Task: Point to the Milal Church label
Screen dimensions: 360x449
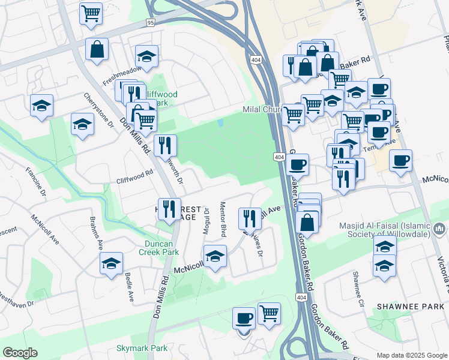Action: pos(262,110)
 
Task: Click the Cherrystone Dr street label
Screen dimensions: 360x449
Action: pos(99,110)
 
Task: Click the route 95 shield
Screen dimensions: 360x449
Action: pos(151,23)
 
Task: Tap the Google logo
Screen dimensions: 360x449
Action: pos(20,353)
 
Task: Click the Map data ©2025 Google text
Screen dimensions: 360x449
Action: pos(412,355)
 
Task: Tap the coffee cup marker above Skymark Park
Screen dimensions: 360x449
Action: pos(244,318)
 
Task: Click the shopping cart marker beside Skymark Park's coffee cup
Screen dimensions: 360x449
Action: pos(270,313)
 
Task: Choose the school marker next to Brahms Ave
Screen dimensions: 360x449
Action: pos(111,263)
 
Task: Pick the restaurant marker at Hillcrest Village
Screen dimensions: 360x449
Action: pos(169,209)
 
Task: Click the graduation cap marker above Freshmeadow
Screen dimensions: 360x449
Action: pos(146,56)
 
